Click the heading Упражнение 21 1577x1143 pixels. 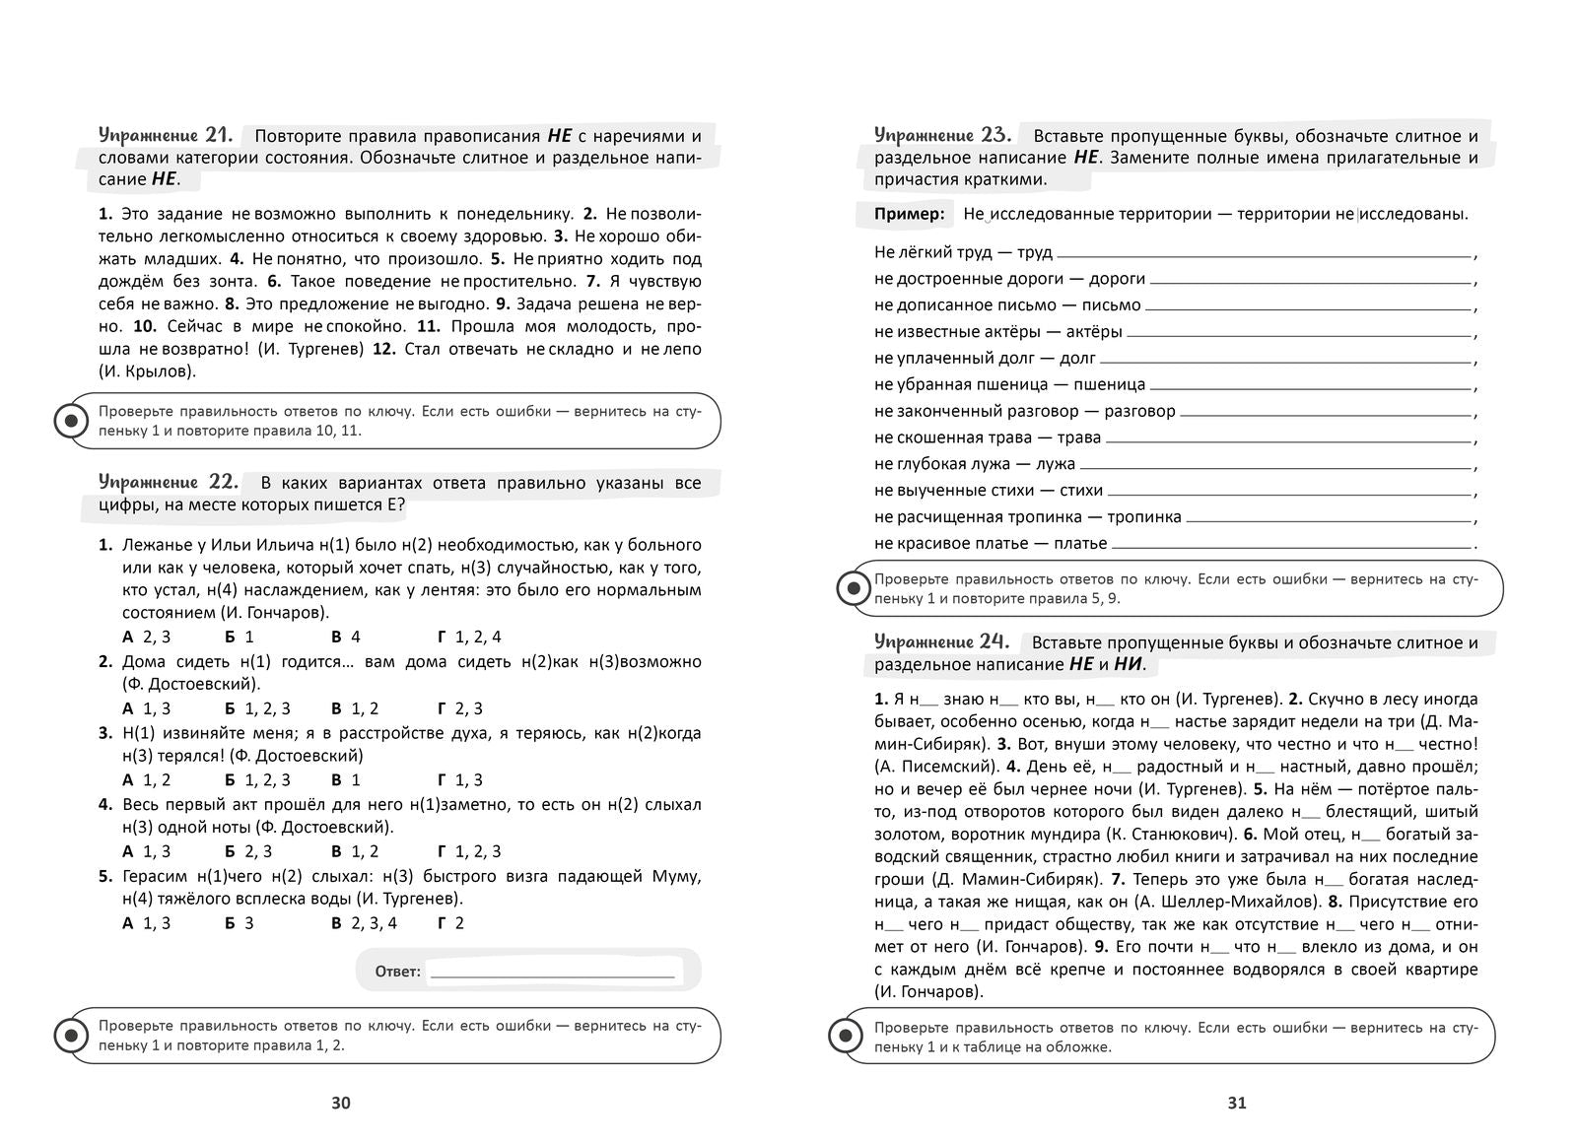(166, 135)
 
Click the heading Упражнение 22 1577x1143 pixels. (168, 482)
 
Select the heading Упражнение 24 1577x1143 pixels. (942, 641)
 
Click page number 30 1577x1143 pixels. (341, 1103)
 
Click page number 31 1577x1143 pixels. (1237, 1103)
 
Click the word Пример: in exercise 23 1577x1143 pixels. (909, 214)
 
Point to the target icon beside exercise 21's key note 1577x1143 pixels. (70, 421)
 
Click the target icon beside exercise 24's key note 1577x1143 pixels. (845, 1036)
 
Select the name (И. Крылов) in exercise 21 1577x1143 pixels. (148, 371)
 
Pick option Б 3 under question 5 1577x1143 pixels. (240, 923)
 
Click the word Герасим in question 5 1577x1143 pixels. (156, 876)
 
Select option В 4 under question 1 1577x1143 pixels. (346, 637)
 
